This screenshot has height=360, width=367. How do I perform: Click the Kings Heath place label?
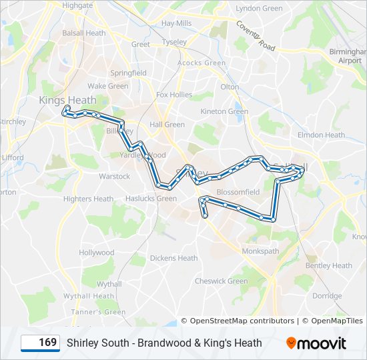point(67,100)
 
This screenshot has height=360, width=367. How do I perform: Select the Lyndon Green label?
point(259,9)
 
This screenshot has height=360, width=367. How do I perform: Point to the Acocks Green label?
point(201,63)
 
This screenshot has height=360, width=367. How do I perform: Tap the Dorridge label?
point(327,295)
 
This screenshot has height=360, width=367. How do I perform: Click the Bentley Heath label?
point(328,266)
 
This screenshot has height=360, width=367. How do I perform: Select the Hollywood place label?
point(97,253)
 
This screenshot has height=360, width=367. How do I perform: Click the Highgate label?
point(77,5)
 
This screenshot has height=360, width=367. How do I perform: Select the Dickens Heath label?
point(173,259)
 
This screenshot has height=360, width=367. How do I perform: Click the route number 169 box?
point(40,343)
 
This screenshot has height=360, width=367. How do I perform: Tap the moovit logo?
point(316,343)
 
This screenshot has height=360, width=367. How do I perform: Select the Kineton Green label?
point(224,112)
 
